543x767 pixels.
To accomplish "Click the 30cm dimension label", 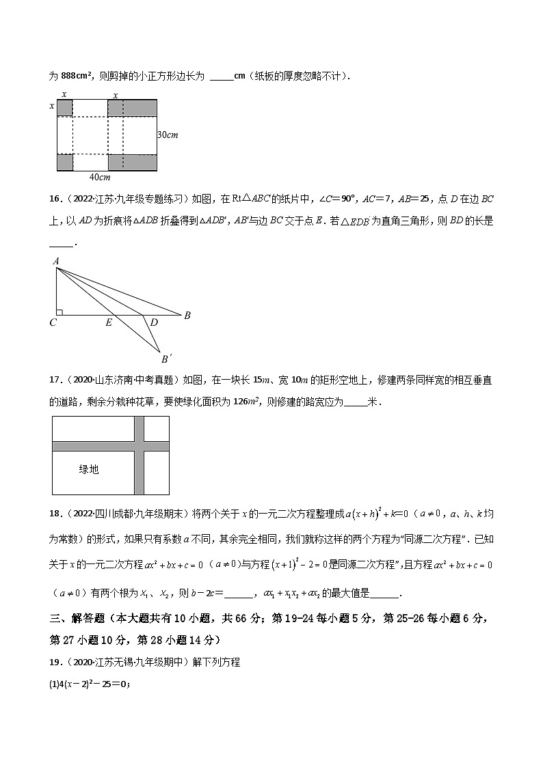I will (x=168, y=135).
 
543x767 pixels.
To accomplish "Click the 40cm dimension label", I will (x=100, y=178).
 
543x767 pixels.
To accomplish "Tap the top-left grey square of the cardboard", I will (x=65, y=108).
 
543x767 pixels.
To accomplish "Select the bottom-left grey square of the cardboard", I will (x=65, y=163).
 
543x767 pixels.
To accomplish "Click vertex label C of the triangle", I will (x=53, y=322).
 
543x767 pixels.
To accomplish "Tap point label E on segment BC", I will (x=109, y=322).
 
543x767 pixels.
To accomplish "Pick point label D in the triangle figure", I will (x=153, y=322).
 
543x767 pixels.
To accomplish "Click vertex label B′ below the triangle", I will (x=165, y=359).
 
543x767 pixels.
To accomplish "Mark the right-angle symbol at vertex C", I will (x=60, y=311).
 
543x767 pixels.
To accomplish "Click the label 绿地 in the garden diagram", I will (x=89, y=469).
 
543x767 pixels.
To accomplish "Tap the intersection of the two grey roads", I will (x=139, y=446).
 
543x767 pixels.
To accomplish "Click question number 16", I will (x=54, y=199).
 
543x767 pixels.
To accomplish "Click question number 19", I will (x=54, y=662).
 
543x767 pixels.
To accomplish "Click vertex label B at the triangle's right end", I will (x=187, y=316).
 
